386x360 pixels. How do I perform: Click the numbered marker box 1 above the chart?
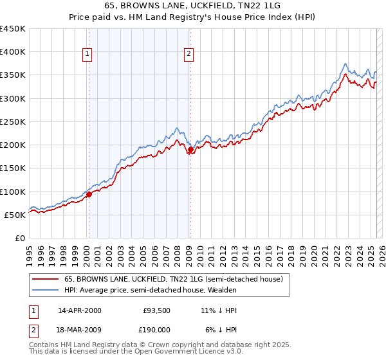click(87, 54)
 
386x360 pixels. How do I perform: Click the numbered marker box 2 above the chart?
click(189, 54)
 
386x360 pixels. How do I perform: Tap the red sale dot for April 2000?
click(89, 195)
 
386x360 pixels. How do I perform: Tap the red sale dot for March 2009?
click(190, 150)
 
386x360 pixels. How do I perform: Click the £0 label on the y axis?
click(20, 238)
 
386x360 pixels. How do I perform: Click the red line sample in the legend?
click(46, 279)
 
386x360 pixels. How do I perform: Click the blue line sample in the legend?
click(46, 290)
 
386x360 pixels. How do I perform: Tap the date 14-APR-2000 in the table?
click(80, 310)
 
